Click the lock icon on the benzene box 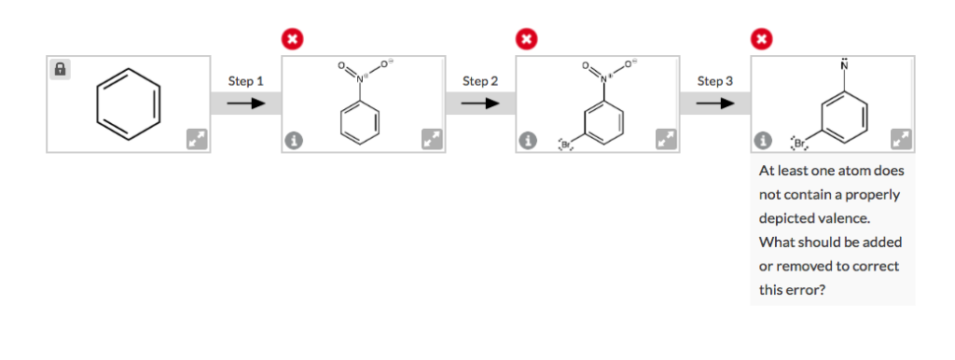pos(60,69)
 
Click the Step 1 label pos(245,81)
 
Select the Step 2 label pos(480,81)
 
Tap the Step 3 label pos(715,81)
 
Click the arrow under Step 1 pos(245,103)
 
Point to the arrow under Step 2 pos(480,103)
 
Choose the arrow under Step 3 pos(715,103)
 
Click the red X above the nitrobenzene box pos(292,39)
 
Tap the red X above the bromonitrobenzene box pos(527,39)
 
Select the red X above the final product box pos(762,39)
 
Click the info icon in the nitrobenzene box pos(294,141)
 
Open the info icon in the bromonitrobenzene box pos(529,141)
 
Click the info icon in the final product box pos(764,141)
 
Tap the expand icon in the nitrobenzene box pos(431,140)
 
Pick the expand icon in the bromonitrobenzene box pos(666,140)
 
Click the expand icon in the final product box pos(900,140)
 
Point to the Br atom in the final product pos(799,144)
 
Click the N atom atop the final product pos(844,66)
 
